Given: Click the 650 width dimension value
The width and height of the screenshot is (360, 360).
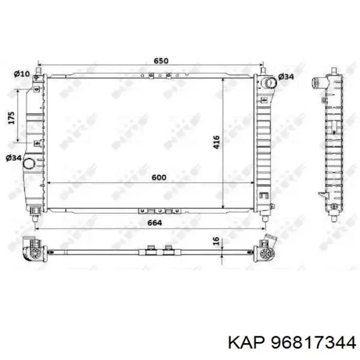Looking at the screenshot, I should [x=161, y=61].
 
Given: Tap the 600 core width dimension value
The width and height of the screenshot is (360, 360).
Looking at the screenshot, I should [x=159, y=177].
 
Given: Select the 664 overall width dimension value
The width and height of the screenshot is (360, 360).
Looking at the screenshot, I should [x=155, y=223].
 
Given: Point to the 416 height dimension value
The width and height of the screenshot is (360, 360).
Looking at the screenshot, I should [x=217, y=143].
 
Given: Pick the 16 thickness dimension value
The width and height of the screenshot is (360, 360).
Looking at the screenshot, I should [x=217, y=242].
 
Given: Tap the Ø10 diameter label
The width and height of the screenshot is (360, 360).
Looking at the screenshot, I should [x=21, y=74].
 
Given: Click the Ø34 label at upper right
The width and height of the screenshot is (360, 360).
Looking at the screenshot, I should [x=285, y=77].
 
